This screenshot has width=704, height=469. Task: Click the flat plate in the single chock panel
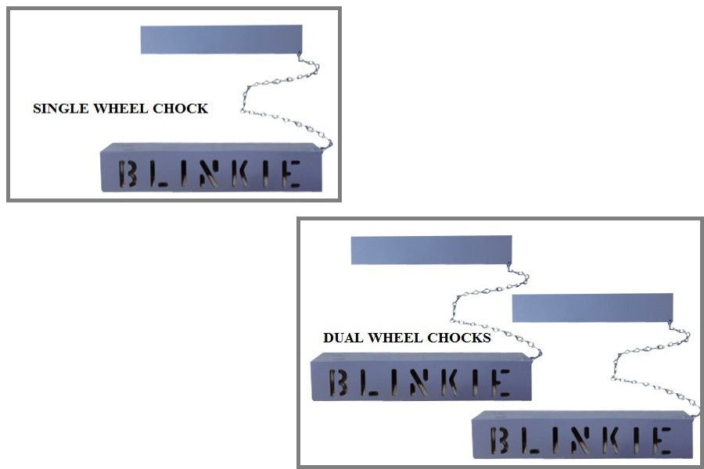pyautogui.click(x=221, y=39)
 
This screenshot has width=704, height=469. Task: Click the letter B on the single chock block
pyautogui.click(x=128, y=174)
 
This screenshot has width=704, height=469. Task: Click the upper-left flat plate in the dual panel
pyautogui.click(x=431, y=249)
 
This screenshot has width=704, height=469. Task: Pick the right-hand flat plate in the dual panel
pyautogui.click(x=591, y=307)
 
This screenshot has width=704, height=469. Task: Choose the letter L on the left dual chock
pyautogui.click(x=370, y=382)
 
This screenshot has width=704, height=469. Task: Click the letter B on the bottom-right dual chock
pyautogui.click(x=501, y=440)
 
